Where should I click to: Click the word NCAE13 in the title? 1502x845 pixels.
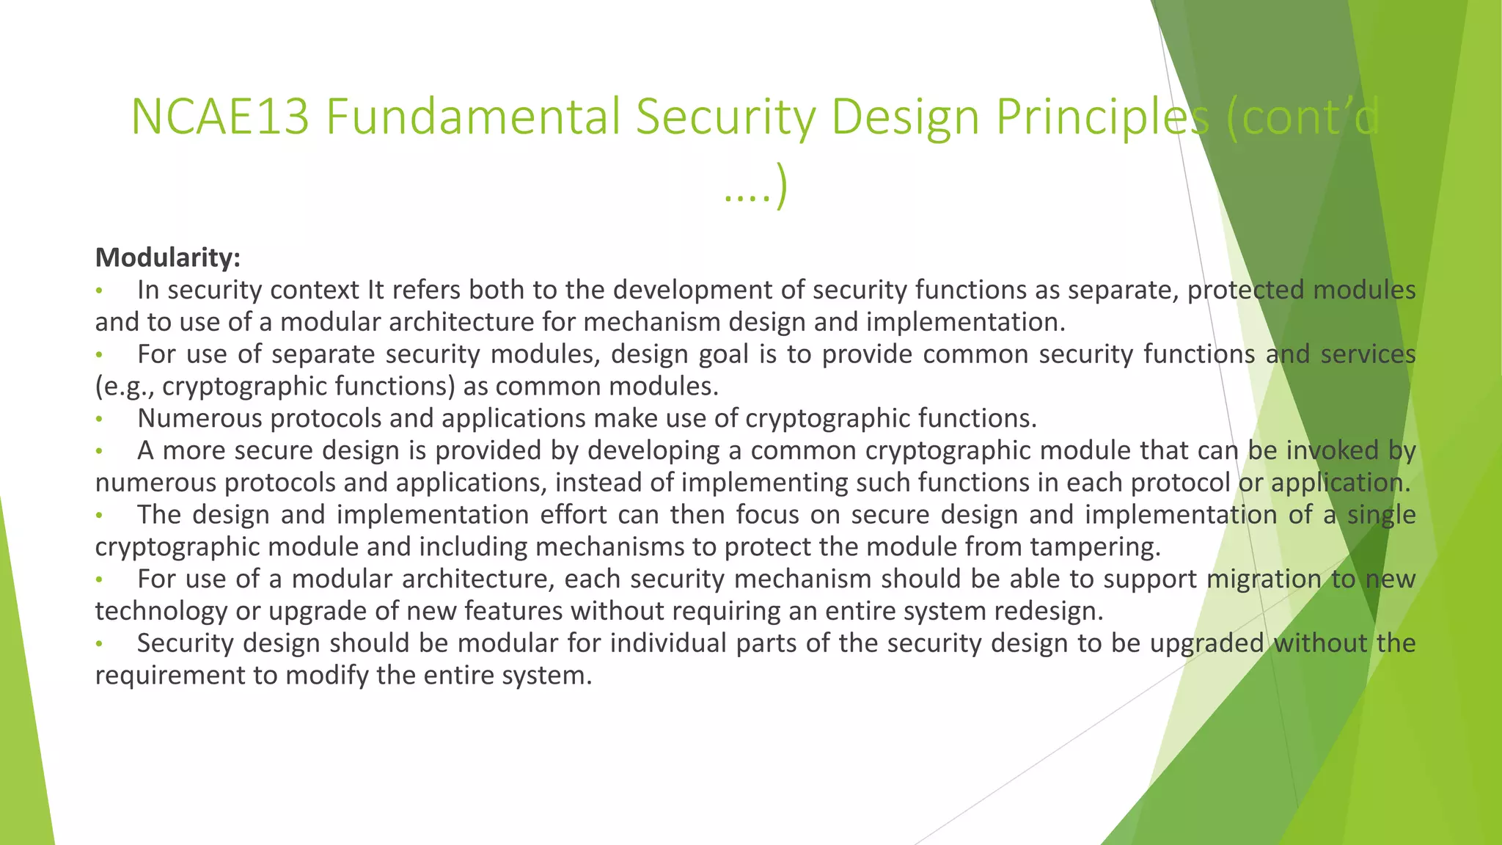tap(220, 117)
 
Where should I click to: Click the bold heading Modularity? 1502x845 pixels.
tap(168, 257)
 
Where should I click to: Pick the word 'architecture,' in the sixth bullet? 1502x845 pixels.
tap(477, 579)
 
